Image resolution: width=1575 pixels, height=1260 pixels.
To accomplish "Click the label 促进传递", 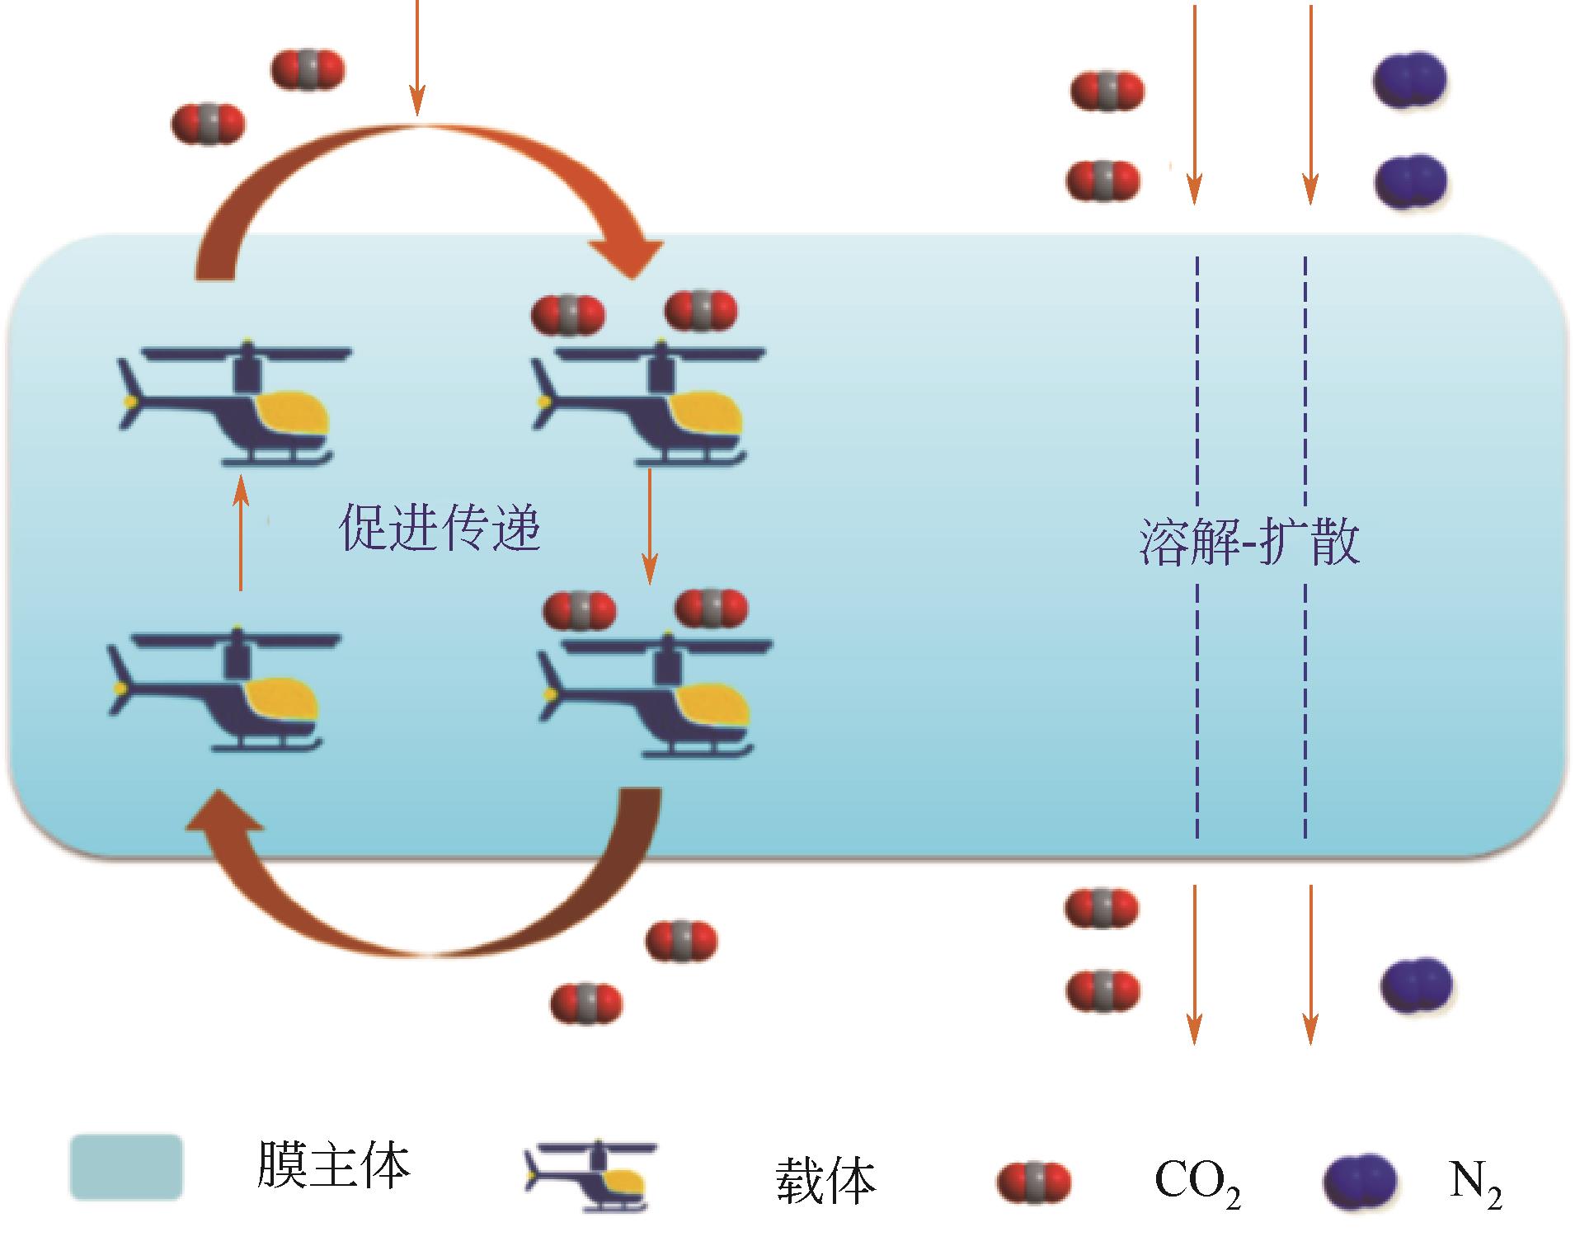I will [x=440, y=528].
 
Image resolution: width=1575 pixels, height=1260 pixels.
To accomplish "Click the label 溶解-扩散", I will [x=1248, y=542].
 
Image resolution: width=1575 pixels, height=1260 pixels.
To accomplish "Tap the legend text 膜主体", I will [x=332, y=1164].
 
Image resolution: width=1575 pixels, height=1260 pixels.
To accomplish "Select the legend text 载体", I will [x=825, y=1180].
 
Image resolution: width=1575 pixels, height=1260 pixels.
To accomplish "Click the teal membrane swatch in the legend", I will [x=125, y=1166].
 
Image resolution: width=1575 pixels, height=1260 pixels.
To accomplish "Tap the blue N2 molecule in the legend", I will [x=1360, y=1182].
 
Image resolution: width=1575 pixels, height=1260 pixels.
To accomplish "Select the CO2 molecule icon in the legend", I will [x=1034, y=1182].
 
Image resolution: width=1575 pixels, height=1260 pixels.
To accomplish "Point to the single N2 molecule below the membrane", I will [x=1415, y=985].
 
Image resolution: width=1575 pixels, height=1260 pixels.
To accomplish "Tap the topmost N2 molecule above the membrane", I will [x=1409, y=80].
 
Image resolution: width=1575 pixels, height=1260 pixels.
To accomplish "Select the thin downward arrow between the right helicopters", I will [x=650, y=526].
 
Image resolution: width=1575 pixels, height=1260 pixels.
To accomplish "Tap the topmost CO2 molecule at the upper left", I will [x=308, y=69].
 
